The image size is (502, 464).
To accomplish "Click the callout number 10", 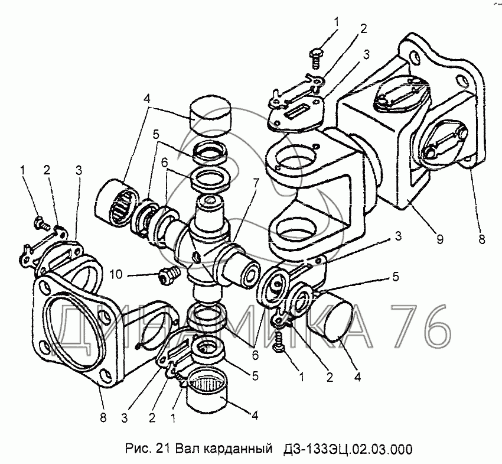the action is (x=116, y=275).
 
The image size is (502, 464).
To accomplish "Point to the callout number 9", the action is (x=439, y=239).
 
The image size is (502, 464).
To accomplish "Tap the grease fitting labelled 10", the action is (x=169, y=275).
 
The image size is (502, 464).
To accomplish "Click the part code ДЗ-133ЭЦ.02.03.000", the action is (x=348, y=449).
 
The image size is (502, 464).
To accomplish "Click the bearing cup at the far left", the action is (x=116, y=203).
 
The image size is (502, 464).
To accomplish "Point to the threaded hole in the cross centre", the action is (x=197, y=257).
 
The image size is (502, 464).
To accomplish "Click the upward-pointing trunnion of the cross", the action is (x=208, y=211).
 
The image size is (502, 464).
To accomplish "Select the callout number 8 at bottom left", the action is (x=103, y=417).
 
